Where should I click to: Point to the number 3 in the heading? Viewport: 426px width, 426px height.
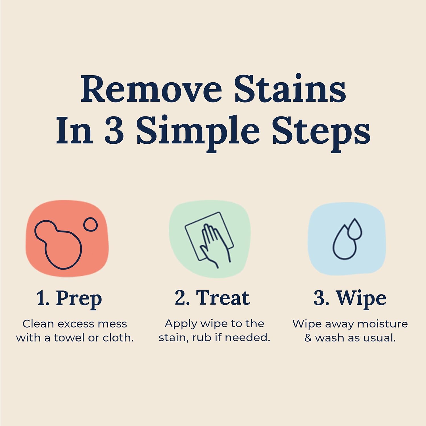[114, 131]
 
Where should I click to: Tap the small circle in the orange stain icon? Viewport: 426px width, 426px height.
[90, 225]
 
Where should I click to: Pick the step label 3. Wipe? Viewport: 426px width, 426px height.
[350, 298]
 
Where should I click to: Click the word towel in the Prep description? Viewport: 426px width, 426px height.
[70, 338]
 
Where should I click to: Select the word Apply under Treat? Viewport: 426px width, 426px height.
[181, 324]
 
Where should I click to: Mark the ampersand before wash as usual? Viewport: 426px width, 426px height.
[308, 338]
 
